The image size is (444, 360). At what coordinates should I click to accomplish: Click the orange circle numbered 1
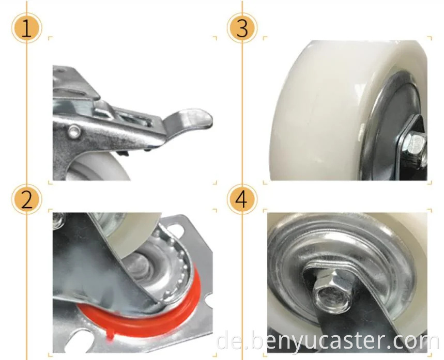click(x=26, y=28)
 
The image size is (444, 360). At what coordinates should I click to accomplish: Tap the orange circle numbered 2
click(x=26, y=199)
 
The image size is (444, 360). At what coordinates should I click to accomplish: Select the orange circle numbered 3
click(x=242, y=28)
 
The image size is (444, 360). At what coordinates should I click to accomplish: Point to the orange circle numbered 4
click(x=242, y=199)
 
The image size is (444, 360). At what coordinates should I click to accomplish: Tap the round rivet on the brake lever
click(x=74, y=131)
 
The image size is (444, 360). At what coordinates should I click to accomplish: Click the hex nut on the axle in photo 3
click(x=417, y=147)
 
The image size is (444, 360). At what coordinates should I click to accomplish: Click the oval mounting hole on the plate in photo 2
click(x=175, y=229)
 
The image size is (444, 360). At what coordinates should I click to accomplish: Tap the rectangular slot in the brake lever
click(x=136, y=119)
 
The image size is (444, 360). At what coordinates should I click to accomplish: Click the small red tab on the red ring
click(x=111, y=336)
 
